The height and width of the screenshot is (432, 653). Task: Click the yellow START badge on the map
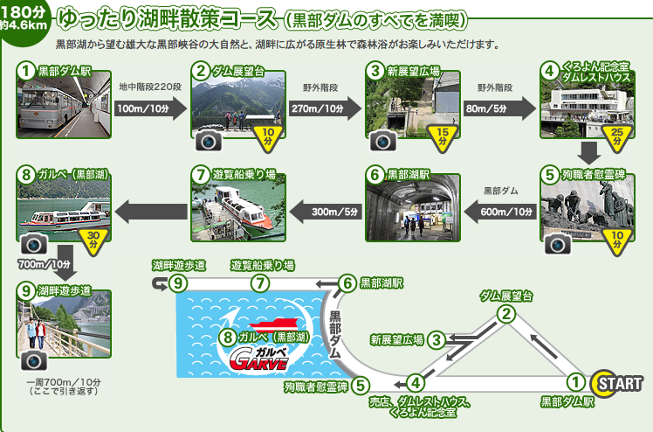coord(616,383)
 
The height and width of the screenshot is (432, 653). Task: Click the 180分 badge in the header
coord(24,17)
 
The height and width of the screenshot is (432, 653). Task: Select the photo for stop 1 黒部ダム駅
coord(62,109)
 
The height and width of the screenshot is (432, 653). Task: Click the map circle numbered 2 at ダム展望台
coord(505,314)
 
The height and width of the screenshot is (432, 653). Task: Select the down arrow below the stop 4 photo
coord(590,153)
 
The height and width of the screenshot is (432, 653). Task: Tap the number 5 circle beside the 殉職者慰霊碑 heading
coord(548,173)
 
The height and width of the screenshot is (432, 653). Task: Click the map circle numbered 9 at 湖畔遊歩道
coord(178,282)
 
